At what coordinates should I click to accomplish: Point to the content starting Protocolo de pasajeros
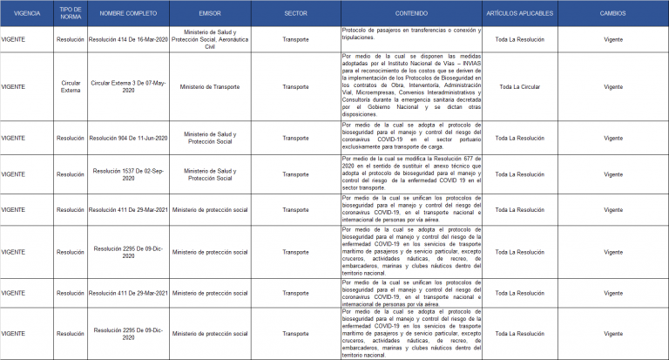click(x=411, y=34)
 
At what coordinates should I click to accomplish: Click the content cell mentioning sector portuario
click(x=411, y=138)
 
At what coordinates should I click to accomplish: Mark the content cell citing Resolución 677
click(x=411, y=174)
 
